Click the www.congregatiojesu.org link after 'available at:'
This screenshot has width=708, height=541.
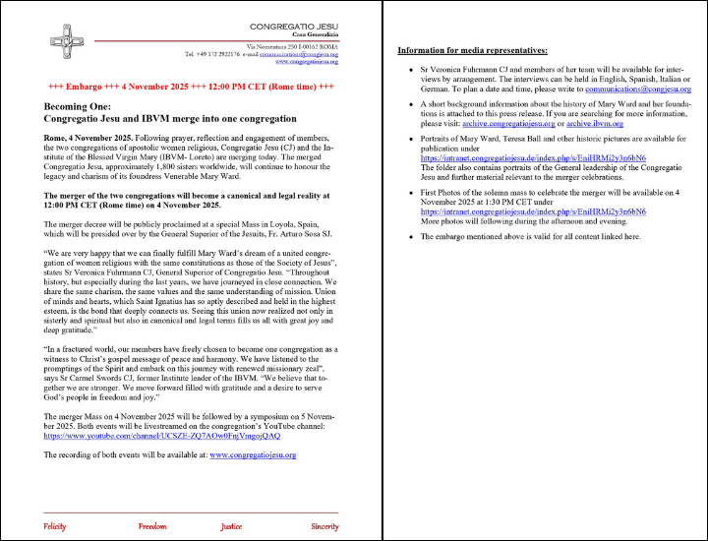tap(253, 455)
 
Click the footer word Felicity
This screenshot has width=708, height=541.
tap(54, 526)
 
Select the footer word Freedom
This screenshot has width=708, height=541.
tap(152, 526)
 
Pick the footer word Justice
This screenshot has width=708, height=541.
tap(231, 526)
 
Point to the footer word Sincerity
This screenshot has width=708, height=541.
tap(324, 526)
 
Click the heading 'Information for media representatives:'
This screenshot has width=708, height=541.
tap(472, 49)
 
